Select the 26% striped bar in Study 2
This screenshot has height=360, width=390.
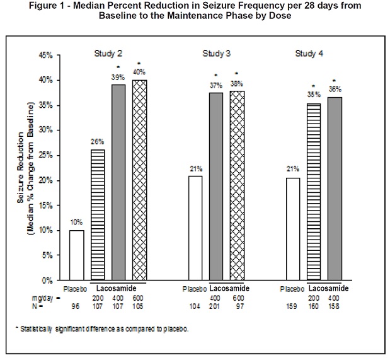[x=98, y=214]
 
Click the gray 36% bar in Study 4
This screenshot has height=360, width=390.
[x=334, y=189]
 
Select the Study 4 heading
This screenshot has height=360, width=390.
[x=309, y=52]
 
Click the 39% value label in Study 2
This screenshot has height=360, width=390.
[x=118, y=78]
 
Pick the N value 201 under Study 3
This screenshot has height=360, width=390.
[x=216, y=307]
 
